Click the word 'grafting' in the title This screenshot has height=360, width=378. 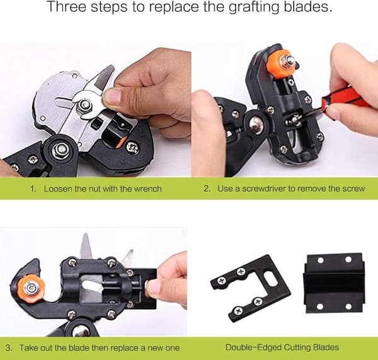pos(254,7)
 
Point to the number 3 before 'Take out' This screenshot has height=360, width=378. pos(8,348)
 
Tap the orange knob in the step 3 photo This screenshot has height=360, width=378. pos(30,287)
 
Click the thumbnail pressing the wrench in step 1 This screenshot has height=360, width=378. pos(113,96)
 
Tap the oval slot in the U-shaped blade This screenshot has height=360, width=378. pos(270,277)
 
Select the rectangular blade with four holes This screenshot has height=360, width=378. pos(334,283)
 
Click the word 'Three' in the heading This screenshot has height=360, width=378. pos(67,7)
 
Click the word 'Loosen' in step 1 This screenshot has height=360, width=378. pos(58,189)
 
